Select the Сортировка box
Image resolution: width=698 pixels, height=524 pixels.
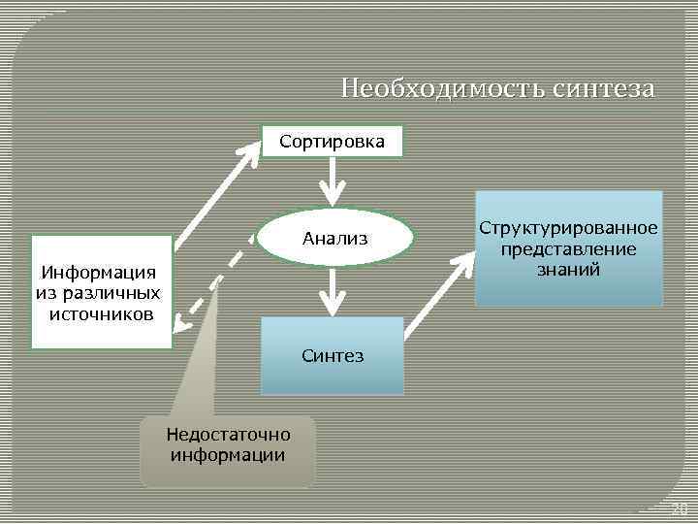coord(332,143)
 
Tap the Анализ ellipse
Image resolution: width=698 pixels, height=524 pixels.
coord(334,236)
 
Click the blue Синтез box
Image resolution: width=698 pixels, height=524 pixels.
coord(333,355)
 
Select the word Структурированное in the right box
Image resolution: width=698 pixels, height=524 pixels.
coord(568,228)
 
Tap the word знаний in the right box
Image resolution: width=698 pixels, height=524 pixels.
coord(568,270)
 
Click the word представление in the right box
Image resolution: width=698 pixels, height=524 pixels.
coord(568,249)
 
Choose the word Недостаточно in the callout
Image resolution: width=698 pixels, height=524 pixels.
coord(228,434)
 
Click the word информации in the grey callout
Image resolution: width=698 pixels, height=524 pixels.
coord(228,454)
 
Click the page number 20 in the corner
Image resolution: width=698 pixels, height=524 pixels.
coord(680,509)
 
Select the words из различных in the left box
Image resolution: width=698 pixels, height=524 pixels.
coord(98,294)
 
